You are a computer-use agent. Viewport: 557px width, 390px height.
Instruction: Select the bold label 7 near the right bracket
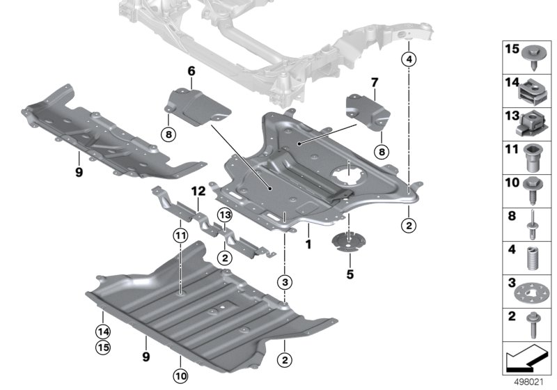[373, 83]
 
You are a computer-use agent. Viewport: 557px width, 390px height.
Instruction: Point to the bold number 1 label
[306, 246]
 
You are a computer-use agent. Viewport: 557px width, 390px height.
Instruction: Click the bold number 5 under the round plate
[350, 272]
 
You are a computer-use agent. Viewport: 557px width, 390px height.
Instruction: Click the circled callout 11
[181, 235]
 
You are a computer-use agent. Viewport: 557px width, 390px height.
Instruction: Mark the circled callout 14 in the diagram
[103, 331]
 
